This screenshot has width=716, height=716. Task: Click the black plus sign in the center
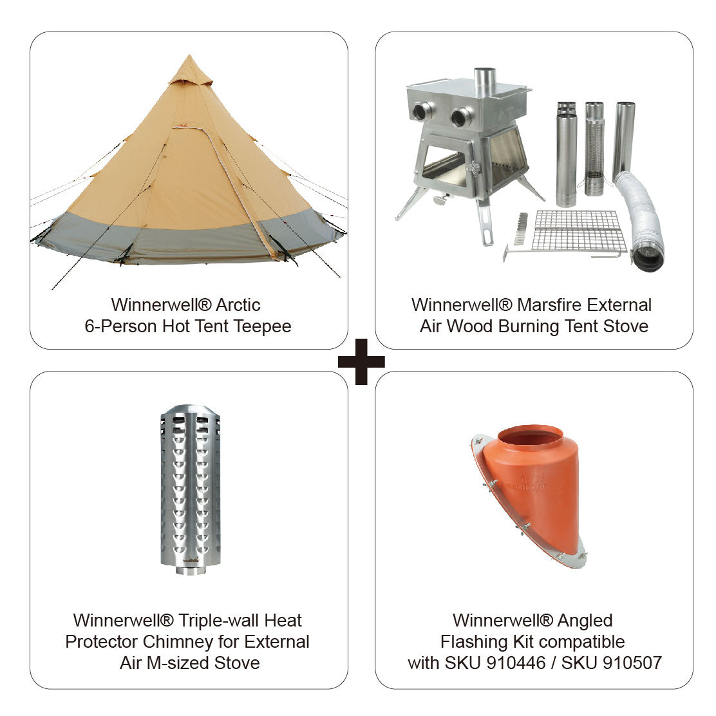(x=361, y=361)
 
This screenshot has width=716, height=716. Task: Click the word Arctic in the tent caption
(x=238, y=305)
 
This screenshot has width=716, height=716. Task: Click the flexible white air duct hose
(x=641, y=219)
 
